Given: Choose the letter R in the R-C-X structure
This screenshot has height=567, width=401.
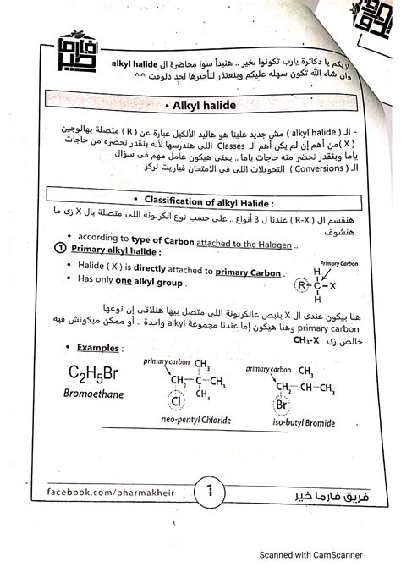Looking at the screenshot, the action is tap(301, 283).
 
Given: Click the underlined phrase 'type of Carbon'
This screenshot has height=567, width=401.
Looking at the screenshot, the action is tap(165, 236).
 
